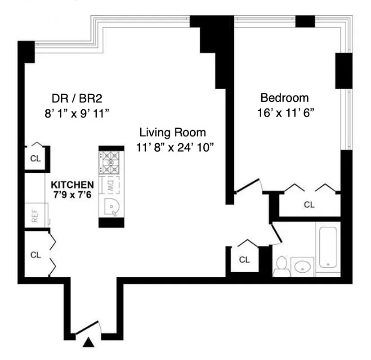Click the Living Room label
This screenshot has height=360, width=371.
point(172,133)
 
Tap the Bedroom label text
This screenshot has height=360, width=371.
point(285,98)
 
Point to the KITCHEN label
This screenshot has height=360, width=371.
point(72,185)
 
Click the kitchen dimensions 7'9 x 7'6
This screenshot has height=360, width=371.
point(72,194)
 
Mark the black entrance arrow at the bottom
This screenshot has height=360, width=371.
point(89,343)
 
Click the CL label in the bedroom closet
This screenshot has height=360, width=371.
point(309,205)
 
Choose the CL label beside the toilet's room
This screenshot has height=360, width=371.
point(244,260)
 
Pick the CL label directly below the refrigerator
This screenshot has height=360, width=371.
point(36,255)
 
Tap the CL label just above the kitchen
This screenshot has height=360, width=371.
point(35,158)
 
